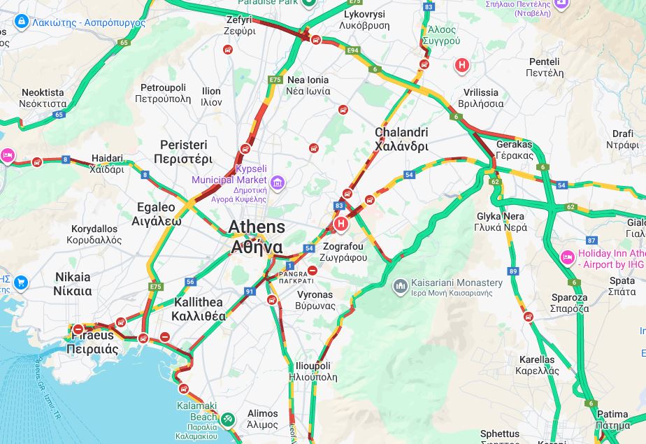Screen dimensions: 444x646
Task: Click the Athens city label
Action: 257,237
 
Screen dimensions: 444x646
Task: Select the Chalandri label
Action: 401,139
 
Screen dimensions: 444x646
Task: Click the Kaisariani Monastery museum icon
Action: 401,285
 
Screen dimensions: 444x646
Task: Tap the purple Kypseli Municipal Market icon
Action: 278,182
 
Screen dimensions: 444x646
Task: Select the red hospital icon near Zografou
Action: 340,224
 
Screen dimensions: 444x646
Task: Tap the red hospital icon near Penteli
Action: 461,66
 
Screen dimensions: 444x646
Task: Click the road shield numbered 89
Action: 514,271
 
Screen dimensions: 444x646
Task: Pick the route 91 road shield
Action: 250,292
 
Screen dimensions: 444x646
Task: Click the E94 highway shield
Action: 353,50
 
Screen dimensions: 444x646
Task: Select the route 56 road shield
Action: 190,282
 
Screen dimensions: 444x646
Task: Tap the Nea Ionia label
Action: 308,85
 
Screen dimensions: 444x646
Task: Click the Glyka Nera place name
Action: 501,222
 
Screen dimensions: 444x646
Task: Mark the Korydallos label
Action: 94,234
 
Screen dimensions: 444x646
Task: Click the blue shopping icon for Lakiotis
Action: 20,22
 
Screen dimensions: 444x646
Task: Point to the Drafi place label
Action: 622,139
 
